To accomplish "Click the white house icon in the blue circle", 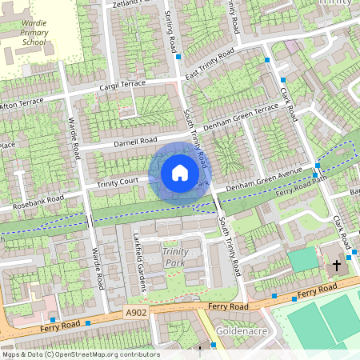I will click(179, 172).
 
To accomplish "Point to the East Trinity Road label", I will click(210, 66).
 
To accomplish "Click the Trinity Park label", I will click(175, 258).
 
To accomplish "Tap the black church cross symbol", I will click(336, 264).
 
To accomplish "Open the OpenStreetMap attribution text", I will click(80, 354).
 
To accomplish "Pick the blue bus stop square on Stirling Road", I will click(178, 57).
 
